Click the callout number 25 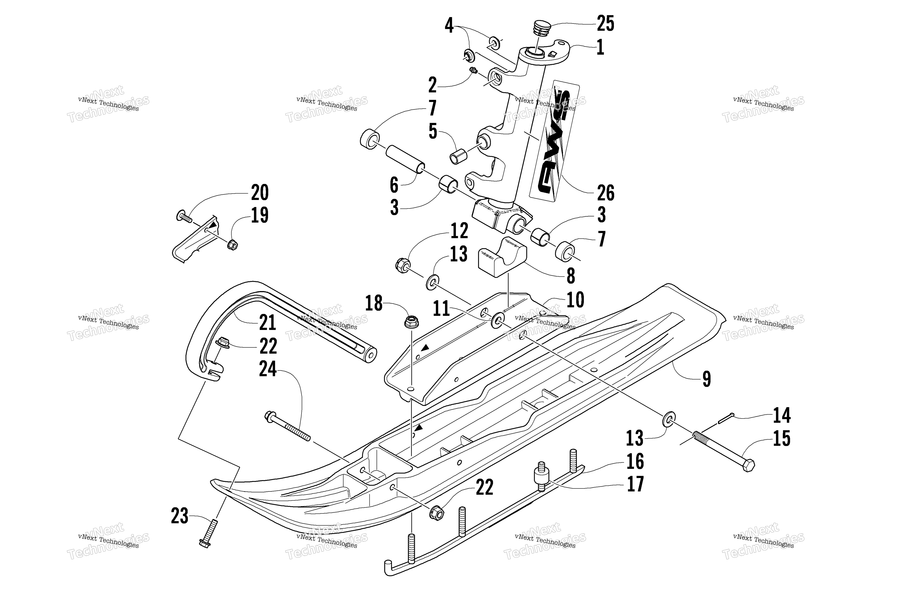605,24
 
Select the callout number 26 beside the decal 605,193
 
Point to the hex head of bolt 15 748,466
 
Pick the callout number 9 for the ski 706,379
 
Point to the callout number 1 600,48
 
